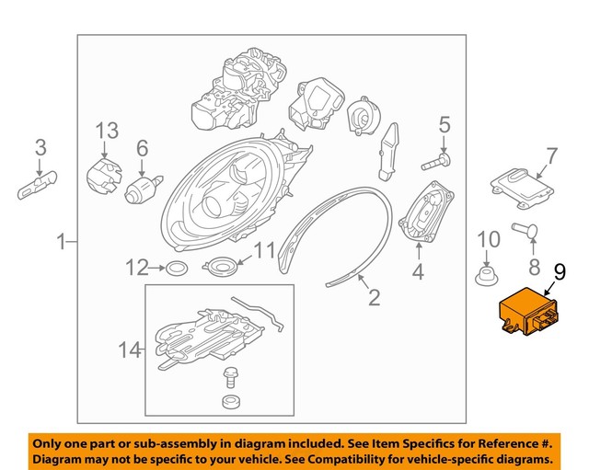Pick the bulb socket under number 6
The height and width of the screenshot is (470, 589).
pyautogui.click(x=144, y=191)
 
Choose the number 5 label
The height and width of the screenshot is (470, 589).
pyautogui.click(x=444, y=124)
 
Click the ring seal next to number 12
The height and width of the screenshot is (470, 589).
pyautogui.click(x=176, y=269)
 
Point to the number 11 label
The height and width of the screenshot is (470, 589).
pyautogui.click(x=264, y=249)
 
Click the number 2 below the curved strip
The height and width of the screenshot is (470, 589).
pyautogui.click(x=374, y=297)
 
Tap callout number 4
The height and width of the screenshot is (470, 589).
pyautogui.click(x=418, y=272)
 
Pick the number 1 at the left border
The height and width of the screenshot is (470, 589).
pyautogui.click(x=63, y=243)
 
